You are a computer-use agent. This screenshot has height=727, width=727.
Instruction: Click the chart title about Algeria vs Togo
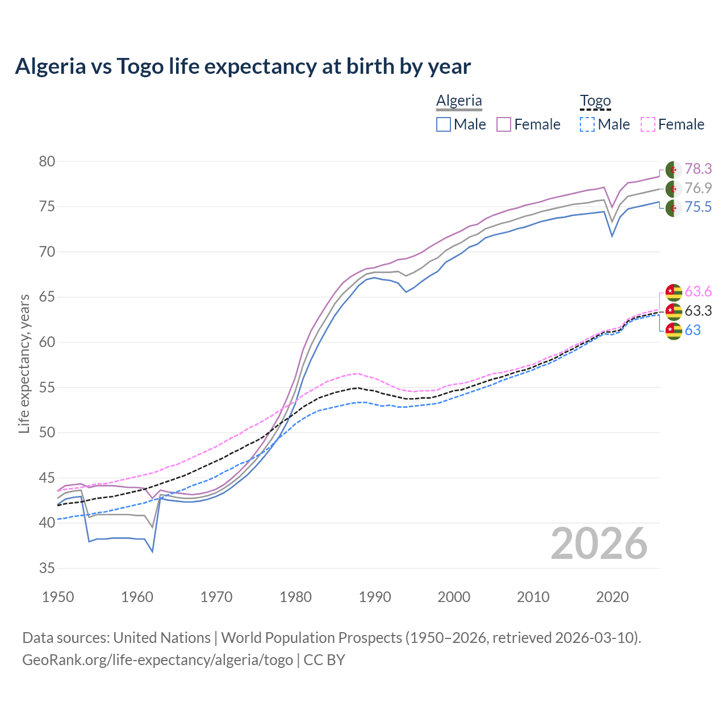coord(243,66)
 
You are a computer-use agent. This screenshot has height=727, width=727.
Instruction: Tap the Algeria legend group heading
coord(459,101)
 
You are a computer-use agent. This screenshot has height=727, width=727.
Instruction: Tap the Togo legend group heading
coord(595,101)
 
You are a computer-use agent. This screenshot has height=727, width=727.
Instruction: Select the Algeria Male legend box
coord(444,124)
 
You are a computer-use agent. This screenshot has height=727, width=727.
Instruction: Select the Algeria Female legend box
coord(504,124)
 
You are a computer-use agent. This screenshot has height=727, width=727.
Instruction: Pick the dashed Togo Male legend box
coord(587,124)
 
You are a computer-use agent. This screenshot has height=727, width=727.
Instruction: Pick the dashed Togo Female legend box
coord(647,124)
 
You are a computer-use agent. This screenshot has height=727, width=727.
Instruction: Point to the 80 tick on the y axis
coord(47,162)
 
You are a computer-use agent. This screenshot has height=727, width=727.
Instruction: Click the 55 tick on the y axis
coord(47,387)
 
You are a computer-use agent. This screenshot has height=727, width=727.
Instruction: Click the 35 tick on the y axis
coord(47,568)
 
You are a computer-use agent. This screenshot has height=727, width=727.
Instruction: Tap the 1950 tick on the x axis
coord(58,597)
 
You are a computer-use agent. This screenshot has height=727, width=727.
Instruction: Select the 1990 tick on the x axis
coord(375,597)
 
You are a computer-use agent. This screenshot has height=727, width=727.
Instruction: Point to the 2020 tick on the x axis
coord(612,597)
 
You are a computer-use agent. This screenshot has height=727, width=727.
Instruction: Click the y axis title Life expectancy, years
coord(24,363)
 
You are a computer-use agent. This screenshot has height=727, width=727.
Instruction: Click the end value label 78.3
coord(698,169)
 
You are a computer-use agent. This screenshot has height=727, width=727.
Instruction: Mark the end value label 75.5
coord(698,207)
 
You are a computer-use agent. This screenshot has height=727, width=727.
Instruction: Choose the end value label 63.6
coord(698,292)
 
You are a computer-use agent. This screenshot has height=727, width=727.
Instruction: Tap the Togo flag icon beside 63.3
coord(673,311)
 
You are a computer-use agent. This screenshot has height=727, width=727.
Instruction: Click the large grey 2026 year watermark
coord(599,544)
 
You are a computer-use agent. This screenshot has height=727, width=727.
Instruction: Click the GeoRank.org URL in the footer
coord(157,660)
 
